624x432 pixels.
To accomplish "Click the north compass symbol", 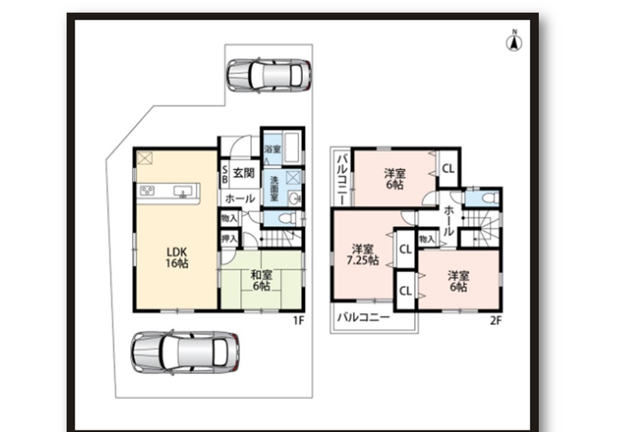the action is coord(514,41).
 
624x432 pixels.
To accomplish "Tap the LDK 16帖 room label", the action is coord(177,257).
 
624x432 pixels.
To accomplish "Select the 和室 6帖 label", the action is coord(262,280).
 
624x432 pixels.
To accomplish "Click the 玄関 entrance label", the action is coord(243,173).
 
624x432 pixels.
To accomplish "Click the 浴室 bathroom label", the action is coord(272,149).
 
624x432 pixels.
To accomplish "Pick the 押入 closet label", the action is coord(229,238).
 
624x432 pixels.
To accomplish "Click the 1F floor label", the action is coord(298,320).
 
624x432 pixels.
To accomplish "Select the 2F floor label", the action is coord(496,320).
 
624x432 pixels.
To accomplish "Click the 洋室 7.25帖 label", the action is coord(362,255).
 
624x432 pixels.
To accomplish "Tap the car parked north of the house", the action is coord(269,75).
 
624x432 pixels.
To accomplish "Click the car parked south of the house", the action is coord(185,352).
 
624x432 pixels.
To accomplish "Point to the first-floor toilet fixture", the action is coord(287,218).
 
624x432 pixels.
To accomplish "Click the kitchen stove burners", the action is coord(147,191).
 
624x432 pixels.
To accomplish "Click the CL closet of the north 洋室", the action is coord(449,169).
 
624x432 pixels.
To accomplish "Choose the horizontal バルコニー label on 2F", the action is coord(364,317).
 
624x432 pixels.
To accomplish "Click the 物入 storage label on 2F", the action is coord(427,239).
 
